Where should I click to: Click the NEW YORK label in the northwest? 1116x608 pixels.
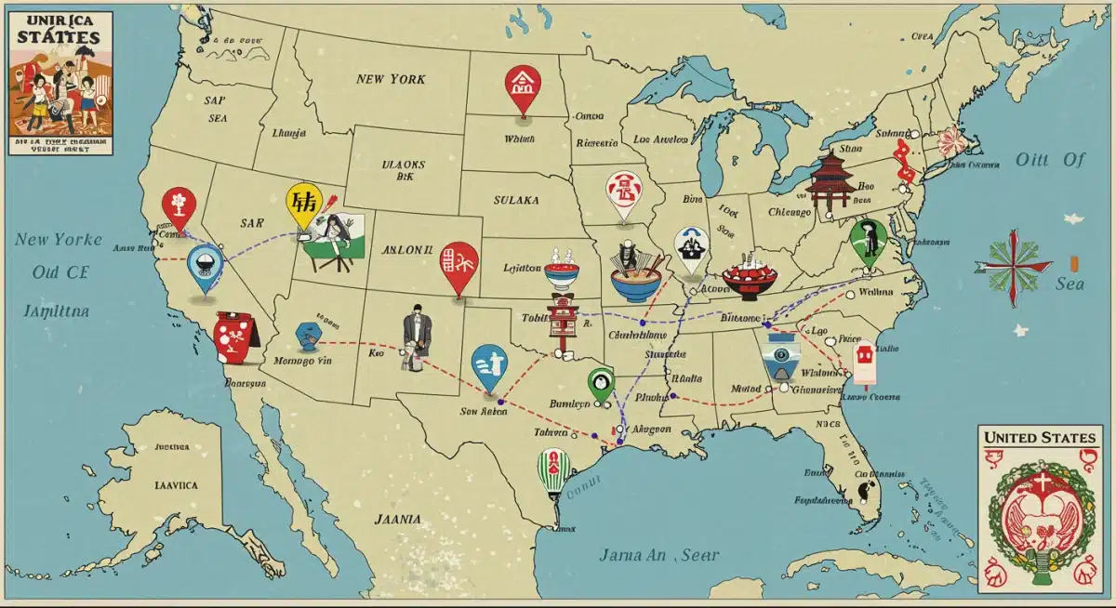[x=391, y=79]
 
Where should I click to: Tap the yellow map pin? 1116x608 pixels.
[x=303, y=204]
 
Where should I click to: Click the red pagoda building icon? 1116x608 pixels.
[x=830, y=181]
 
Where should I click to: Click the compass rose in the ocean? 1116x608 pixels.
[x=1013, y=264]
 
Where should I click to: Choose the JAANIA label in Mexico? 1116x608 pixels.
[x=397, y=519]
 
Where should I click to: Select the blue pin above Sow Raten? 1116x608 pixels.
[x=489, y=365]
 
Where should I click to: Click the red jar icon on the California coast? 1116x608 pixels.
[x=235, y=336]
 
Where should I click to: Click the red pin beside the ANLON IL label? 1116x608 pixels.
[x=458, y=264]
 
